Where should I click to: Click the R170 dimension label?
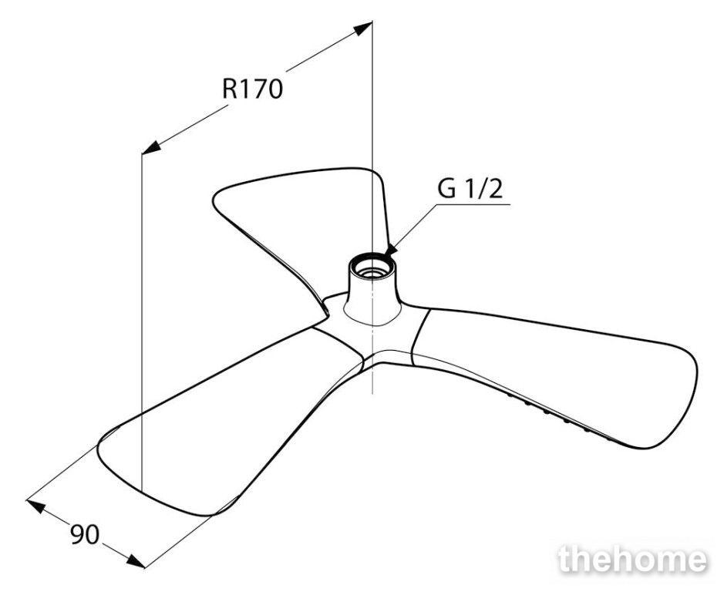click(x=252, y=89)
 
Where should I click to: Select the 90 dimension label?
click(x=85, y=535)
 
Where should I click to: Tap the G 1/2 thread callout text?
click(x=470, y=188)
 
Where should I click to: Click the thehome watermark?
click(x=632, y=560)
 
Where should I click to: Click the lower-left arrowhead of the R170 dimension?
click(x=151, y=148)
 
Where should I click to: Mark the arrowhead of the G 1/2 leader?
click(x=391, y=249)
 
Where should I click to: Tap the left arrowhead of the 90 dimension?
click(x=36, y=506)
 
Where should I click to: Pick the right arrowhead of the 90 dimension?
click(x=136, y=560)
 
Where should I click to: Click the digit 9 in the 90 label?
click(x=78, y=535)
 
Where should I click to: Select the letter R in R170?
click(x=230, y=89)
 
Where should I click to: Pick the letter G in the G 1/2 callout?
click(x=446, y=188)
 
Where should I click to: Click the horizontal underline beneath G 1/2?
click(x=473, y=203)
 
